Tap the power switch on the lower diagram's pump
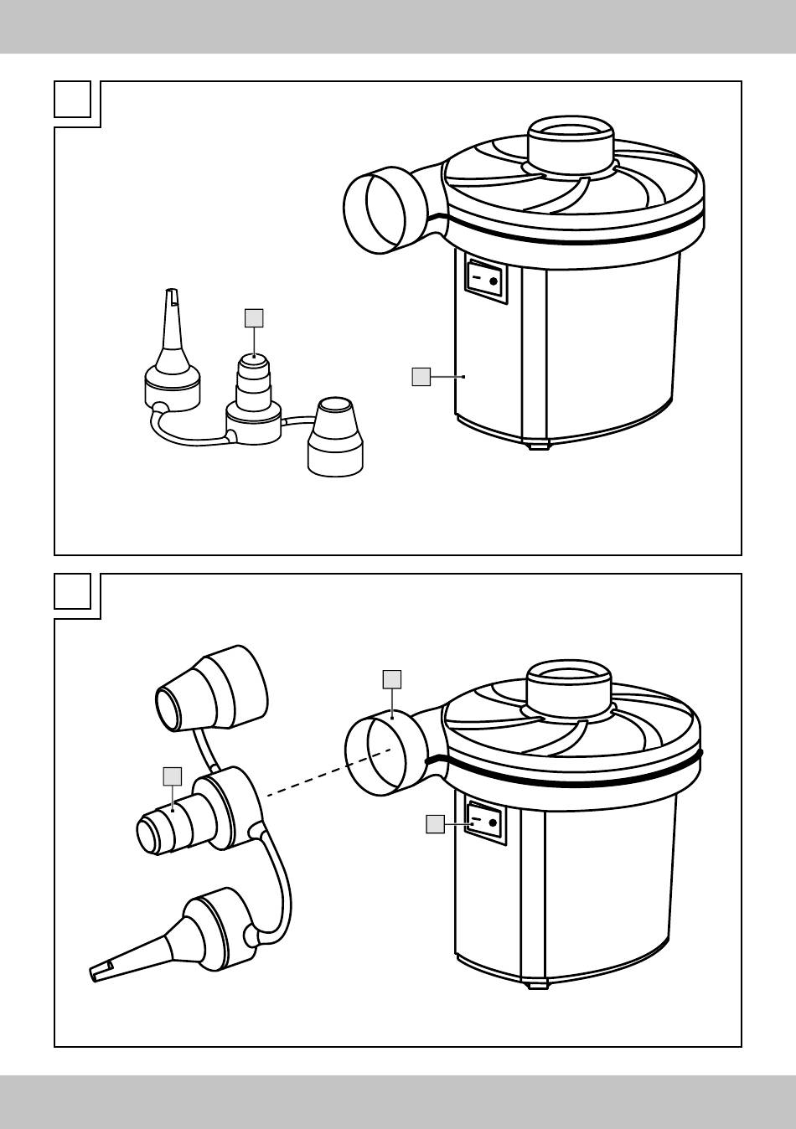coord(486,821)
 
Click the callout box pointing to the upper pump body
coord(421,377)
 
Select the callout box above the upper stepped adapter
coord(253,317)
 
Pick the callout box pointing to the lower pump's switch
coord(434,824)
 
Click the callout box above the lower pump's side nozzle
coord(391,678)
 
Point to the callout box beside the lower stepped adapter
coord(172,776)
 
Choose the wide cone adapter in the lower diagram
coord(214,688)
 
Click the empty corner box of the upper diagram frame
coord(72,99)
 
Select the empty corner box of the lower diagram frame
coord(72,591)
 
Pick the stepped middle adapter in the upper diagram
coord(253,394)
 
